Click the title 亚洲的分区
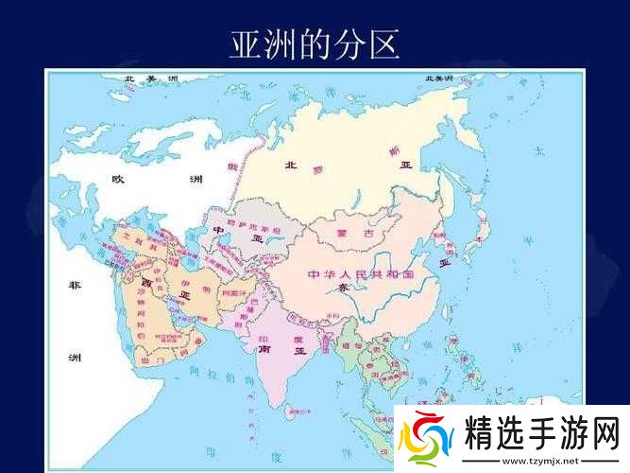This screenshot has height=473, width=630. [x=315, y=44]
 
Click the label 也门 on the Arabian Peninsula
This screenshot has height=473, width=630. [x=150, y=359]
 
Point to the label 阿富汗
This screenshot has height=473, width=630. [x=235, y=294]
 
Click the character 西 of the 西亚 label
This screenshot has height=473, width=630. [x=146, y=282]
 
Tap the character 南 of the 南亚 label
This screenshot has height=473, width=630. [x=266, y=348]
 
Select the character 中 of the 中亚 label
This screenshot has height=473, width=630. [x=218, y=229]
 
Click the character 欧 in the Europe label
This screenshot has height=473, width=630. [x=118, y=180]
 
